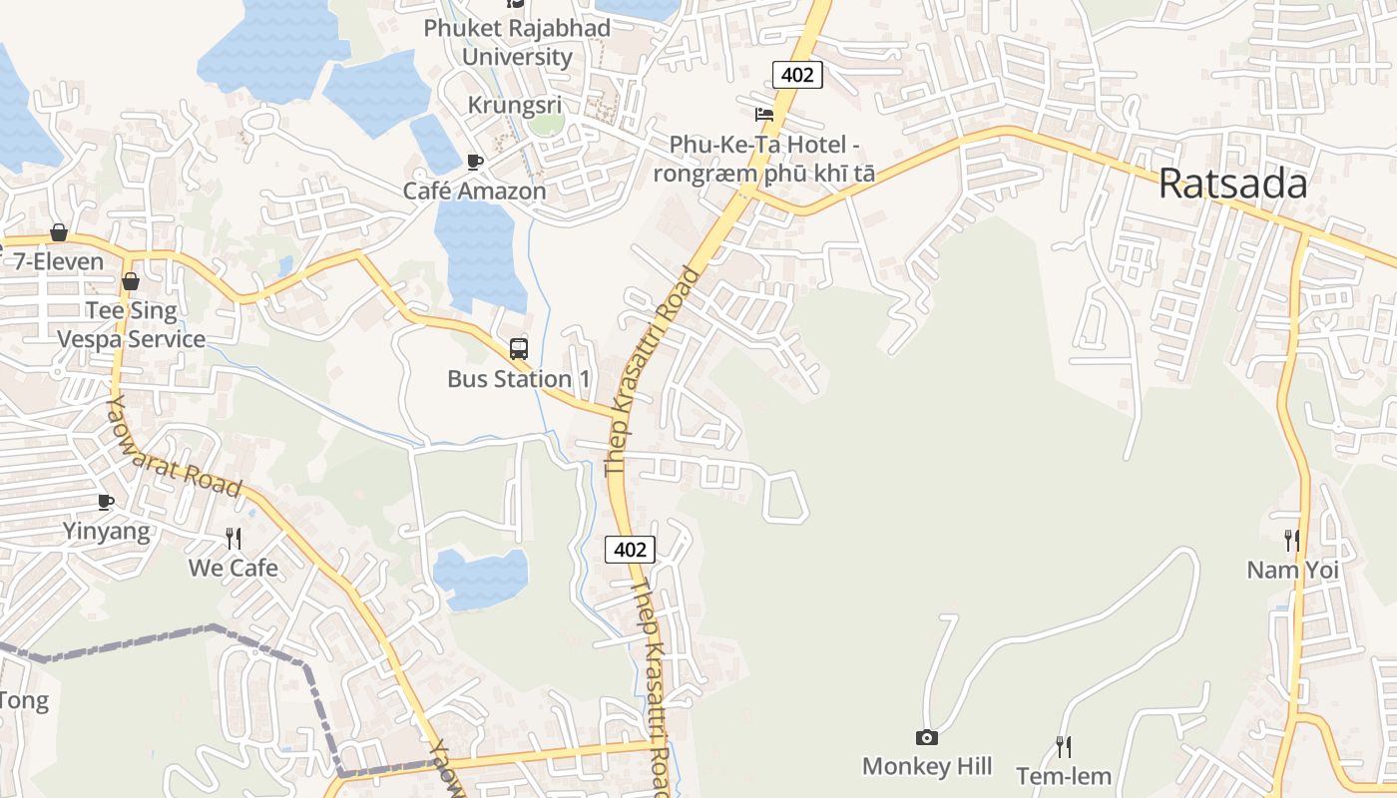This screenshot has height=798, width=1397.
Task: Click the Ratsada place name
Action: click(1232, 185)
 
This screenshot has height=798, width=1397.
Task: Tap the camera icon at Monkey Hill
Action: click(927, 738)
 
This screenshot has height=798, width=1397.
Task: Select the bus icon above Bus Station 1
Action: click(519, 349)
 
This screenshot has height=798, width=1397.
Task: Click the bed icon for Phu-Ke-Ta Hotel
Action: click(764, 114)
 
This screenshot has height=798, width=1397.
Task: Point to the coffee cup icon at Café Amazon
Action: click(475, 162)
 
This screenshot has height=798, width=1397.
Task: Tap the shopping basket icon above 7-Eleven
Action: click(59, 232)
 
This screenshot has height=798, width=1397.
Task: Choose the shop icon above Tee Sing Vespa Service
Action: click(130, 281)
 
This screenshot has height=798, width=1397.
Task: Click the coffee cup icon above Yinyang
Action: click(106, 502)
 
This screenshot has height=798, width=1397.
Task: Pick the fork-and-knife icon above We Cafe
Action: click(233, 539)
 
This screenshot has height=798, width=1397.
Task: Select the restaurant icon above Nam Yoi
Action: click(1291, 541)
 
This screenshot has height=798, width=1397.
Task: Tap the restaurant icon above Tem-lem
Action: click(1064, 746)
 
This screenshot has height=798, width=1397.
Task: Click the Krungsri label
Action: click(516, 106)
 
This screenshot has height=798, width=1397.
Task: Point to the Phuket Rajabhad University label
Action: click(517, 42)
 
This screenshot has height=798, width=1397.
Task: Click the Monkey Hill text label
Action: click(927, 766)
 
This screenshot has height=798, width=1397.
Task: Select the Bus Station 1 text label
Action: click(519, 379)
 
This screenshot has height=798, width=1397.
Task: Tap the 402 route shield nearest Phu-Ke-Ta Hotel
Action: click(797, 74)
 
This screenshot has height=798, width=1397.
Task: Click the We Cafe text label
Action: click(233, 568)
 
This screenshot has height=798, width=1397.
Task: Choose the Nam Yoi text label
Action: click(1292, 570)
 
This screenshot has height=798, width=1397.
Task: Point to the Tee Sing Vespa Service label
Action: click(131, 324)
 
